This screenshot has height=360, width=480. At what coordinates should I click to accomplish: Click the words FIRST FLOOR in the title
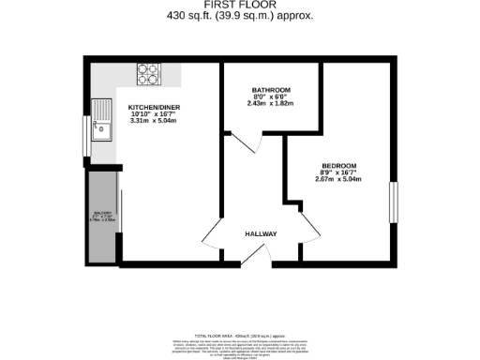(x=239, y=5)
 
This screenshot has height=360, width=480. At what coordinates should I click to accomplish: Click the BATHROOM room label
(x=271, y=90)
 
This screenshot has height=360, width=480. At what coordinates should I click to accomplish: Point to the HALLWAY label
(x=261, y=233)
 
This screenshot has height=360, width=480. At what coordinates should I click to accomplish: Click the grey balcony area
(x=101, y=217)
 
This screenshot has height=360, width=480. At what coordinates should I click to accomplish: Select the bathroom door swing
(x=247, y=142)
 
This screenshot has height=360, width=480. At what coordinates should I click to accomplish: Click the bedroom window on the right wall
(x=394, y=202)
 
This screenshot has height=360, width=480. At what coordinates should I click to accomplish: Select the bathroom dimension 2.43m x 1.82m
(x=271, y=104)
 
